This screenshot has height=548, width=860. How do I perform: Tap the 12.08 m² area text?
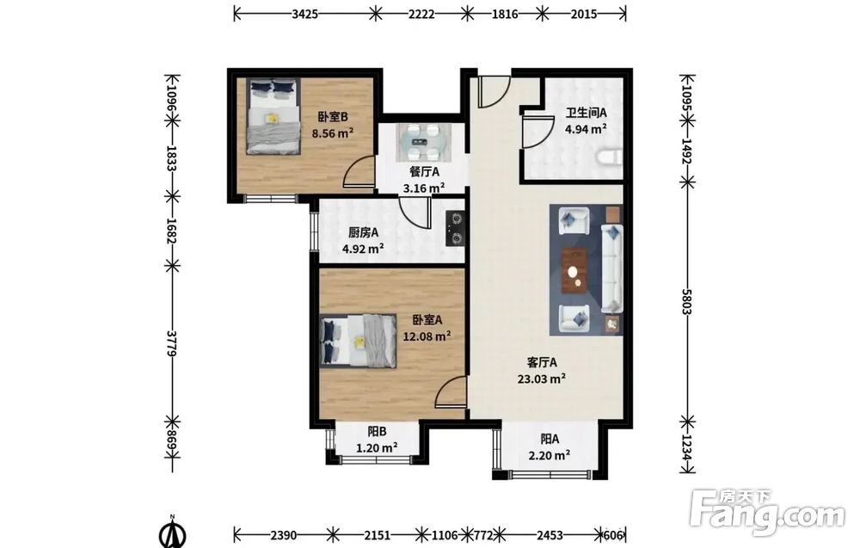[427, 336]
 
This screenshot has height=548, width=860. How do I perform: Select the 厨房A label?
[363, 232]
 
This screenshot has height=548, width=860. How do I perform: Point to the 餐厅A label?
[424, 172]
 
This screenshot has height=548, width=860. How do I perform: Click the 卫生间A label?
[586, 113]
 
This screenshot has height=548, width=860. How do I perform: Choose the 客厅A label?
[542, 362]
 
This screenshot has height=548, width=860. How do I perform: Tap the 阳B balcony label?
[377, 432]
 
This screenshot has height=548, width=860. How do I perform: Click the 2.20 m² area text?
[549, 455]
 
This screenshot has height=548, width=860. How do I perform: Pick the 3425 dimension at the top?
[305, 15]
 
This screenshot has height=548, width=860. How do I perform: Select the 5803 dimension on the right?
[687, 301]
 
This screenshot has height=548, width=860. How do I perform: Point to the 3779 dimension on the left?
[172, 343]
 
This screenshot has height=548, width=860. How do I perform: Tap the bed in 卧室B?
[273, 116]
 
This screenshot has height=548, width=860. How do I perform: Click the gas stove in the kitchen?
[456, 228]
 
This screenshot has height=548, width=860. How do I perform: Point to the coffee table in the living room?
[574, 271]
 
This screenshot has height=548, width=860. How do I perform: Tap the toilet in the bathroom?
[609, 157]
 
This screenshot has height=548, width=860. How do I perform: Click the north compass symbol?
[172, 532]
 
